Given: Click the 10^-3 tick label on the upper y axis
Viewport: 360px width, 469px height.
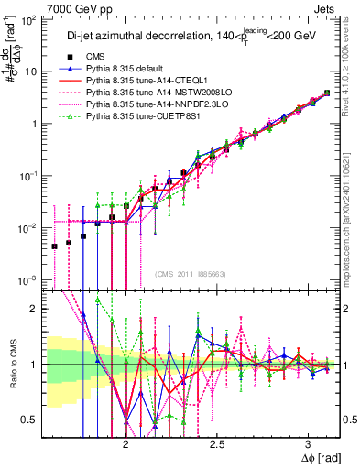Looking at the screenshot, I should [x=29, y=279].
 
